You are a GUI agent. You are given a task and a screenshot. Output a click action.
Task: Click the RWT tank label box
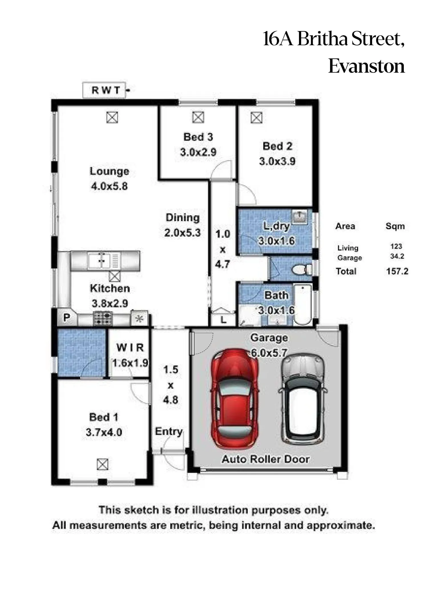pyautogui.click(x=104, y=90)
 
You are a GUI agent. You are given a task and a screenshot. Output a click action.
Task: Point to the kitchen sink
pyautogui.click(x=103, y=261)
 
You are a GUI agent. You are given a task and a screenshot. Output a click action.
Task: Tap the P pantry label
pyautogui.click(x=66, y=318)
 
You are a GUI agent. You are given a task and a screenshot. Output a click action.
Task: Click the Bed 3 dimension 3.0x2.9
pyautogui.click(x=198, y=152)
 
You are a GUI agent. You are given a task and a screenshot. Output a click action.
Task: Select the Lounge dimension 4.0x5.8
pyautogui.click(x=109, y=186)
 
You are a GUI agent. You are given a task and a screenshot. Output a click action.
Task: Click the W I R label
pyautogui.click(x=130, y=348)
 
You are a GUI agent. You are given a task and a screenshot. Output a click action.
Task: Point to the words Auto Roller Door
pyautogui.click(x=266, y=459)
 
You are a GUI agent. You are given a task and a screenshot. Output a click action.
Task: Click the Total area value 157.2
pyautogui.click(x=397, y=271)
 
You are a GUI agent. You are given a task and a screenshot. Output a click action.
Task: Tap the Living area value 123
pyautogui.click(x=396, y=246)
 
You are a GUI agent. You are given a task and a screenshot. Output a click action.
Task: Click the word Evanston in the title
pyautogui.click(x=367, y=66)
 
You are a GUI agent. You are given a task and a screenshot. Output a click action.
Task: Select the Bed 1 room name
pyautogui.click(x=104, y=417)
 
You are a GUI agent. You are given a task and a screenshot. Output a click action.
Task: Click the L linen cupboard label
pyautogui.click(x=224, y=320)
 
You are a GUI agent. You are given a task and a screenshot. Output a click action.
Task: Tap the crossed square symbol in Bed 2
pyautogui.click(x=257, y=117)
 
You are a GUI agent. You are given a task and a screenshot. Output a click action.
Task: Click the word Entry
pyautogui.click(x=169, y=432)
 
